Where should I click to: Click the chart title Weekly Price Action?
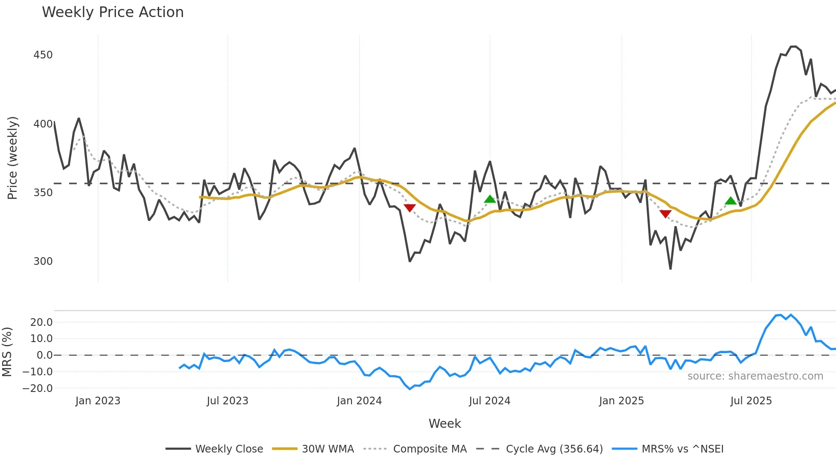(113, 12)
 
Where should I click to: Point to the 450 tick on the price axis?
(43, 55)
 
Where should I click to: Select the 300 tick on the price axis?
(43, 261)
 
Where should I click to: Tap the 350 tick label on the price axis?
(43, 193)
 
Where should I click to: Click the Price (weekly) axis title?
(13, 158)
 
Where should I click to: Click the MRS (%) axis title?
(7, 352)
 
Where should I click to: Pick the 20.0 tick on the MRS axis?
(41, 322)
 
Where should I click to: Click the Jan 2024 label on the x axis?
(359, 401)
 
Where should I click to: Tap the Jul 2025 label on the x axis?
(751, 401)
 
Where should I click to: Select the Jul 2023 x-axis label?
(227, 401)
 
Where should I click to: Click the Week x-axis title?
(444, 424)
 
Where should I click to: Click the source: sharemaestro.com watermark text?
(755, 376)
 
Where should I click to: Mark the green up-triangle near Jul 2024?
(490, 199)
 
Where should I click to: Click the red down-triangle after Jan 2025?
(665, 214)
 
